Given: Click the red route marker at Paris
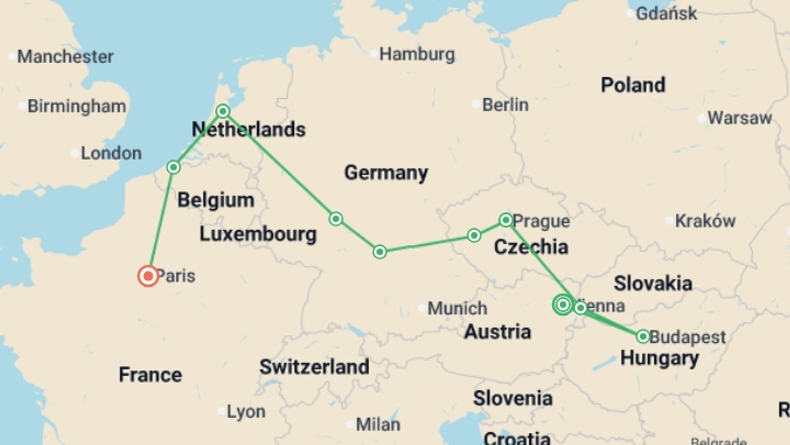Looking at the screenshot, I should (x=148, y=276).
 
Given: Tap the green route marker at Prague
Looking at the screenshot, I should (x=506, y=220).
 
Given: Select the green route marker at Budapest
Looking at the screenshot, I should (x=643, y=337).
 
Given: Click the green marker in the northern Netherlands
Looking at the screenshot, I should (x=223, y=111).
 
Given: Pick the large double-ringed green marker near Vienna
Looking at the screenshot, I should (x=563, y=305).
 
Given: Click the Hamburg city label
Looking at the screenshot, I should (x=417, y=54).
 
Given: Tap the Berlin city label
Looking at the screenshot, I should (x=505, y=105).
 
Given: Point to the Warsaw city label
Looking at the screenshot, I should (x=739, y=118).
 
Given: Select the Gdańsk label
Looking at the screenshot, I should (x=666, y=14).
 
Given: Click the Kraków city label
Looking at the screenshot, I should (x=705, y=221).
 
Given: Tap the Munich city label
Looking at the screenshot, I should (x=457, y=308).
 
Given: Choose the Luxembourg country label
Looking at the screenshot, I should (x=258, y=234).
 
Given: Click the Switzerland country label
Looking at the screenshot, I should (x=314, y=367).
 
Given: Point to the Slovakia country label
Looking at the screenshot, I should (x=653, y=283).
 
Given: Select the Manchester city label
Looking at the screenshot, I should (x=65, y=56).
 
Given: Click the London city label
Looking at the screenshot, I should (x=111, y=153).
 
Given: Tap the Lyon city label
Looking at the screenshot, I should (x=246, y=411).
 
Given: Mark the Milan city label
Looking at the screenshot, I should (x=377, y=424).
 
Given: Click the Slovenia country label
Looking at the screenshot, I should (x=513, y=398).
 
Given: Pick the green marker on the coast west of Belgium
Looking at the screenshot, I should (x=173, y=167).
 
